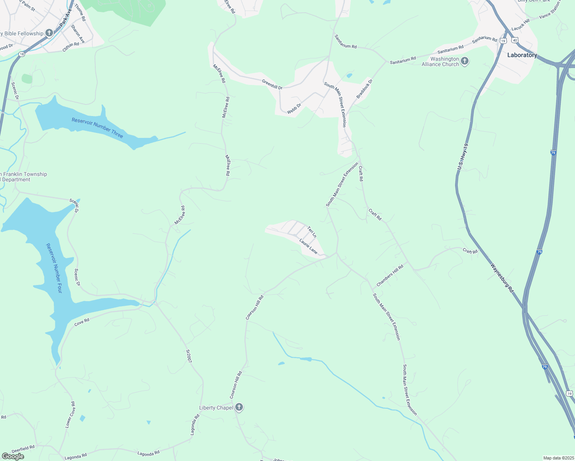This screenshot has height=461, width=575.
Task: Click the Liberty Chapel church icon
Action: (x=239, y=407)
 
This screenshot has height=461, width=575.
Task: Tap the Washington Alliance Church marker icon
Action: (x=465, y=61)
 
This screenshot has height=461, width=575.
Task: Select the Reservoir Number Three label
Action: (x=97, y=128)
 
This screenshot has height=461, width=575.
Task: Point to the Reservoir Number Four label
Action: (x=54, y=268)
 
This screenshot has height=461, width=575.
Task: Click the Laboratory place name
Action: (x=522, y=55)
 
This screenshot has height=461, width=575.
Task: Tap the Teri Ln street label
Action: (x=312, y=232)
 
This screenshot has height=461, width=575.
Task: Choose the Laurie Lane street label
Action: (x=308, y=246)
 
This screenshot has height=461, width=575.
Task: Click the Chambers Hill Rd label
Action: (x=390, y=275)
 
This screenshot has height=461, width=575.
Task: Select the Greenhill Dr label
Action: (x=272, y=85)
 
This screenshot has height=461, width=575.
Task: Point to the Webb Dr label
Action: (x=294, y=108)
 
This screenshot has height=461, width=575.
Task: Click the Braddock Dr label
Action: (x=365, y=89)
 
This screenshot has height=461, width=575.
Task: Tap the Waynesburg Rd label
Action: (x=502, y=278)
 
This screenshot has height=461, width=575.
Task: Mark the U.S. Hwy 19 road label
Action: (x=463, y=157)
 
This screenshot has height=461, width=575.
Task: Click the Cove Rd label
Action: (x=81, y=322)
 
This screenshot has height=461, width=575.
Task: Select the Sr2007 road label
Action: (x=189, y=356)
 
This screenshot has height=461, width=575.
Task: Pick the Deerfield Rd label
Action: (x=23, y=448)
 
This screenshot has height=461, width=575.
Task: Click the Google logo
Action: (x=13, y=456)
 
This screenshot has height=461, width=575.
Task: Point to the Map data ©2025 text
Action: (x=558, y=458)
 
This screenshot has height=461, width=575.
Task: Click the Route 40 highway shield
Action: (x=515, y=40)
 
